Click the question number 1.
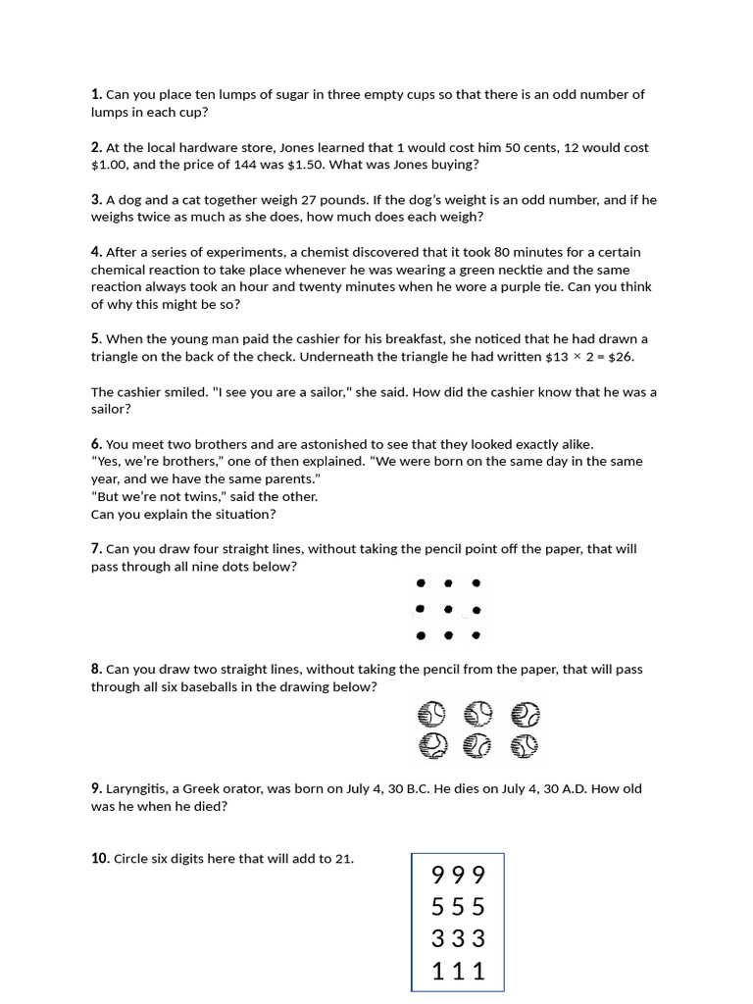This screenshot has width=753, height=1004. pyautogui.click(x=96, y=95)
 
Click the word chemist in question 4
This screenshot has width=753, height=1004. pyautogui.click(x=344, y=252)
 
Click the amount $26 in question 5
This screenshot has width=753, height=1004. pyautogui.click(x=627, y=357)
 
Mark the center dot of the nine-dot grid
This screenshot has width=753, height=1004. pyautogui.click(x=448, y=610)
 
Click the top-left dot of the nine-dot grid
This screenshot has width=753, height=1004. pyautogui.click(x=421, y=583)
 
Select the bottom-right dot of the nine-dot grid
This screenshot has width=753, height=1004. pyautogui.click(x=476, y=635)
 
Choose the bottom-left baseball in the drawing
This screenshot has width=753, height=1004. pyautogui.click(x=431, y=746)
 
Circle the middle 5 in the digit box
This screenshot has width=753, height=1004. pyautogui.click(x=458, y=907)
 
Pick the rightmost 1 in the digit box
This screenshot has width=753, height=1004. pyautogui.click(x=477, y=972)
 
